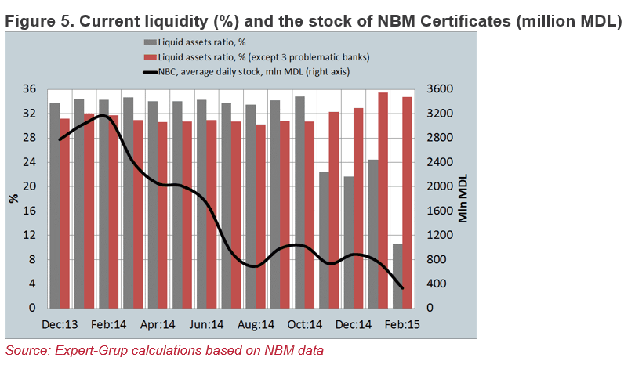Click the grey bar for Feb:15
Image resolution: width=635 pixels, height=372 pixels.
[397, 276]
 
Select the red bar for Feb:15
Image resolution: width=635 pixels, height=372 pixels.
[407, 203]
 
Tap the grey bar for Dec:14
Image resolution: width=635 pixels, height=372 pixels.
[348, 242]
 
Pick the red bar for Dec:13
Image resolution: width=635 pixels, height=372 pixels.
[65, 213]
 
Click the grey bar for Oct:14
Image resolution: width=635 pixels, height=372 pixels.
[299, 202]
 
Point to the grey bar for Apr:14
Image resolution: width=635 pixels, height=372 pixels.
[153, 204]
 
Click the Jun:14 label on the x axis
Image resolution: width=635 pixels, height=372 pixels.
[206, 324]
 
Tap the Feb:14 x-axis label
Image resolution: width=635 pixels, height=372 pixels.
[108, 324]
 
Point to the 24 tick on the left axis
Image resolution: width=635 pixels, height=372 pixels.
[30, 162]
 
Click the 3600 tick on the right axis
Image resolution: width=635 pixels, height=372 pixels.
[441, 89]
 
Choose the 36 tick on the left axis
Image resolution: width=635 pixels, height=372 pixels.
[30, 89]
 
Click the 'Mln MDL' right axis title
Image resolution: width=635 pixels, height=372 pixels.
[463, 198]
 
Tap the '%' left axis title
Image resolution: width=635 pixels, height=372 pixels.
[14, 198]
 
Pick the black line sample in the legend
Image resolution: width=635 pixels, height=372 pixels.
[151, 72]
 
